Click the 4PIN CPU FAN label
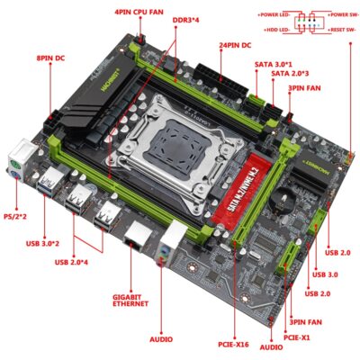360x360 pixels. click(140, 12)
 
